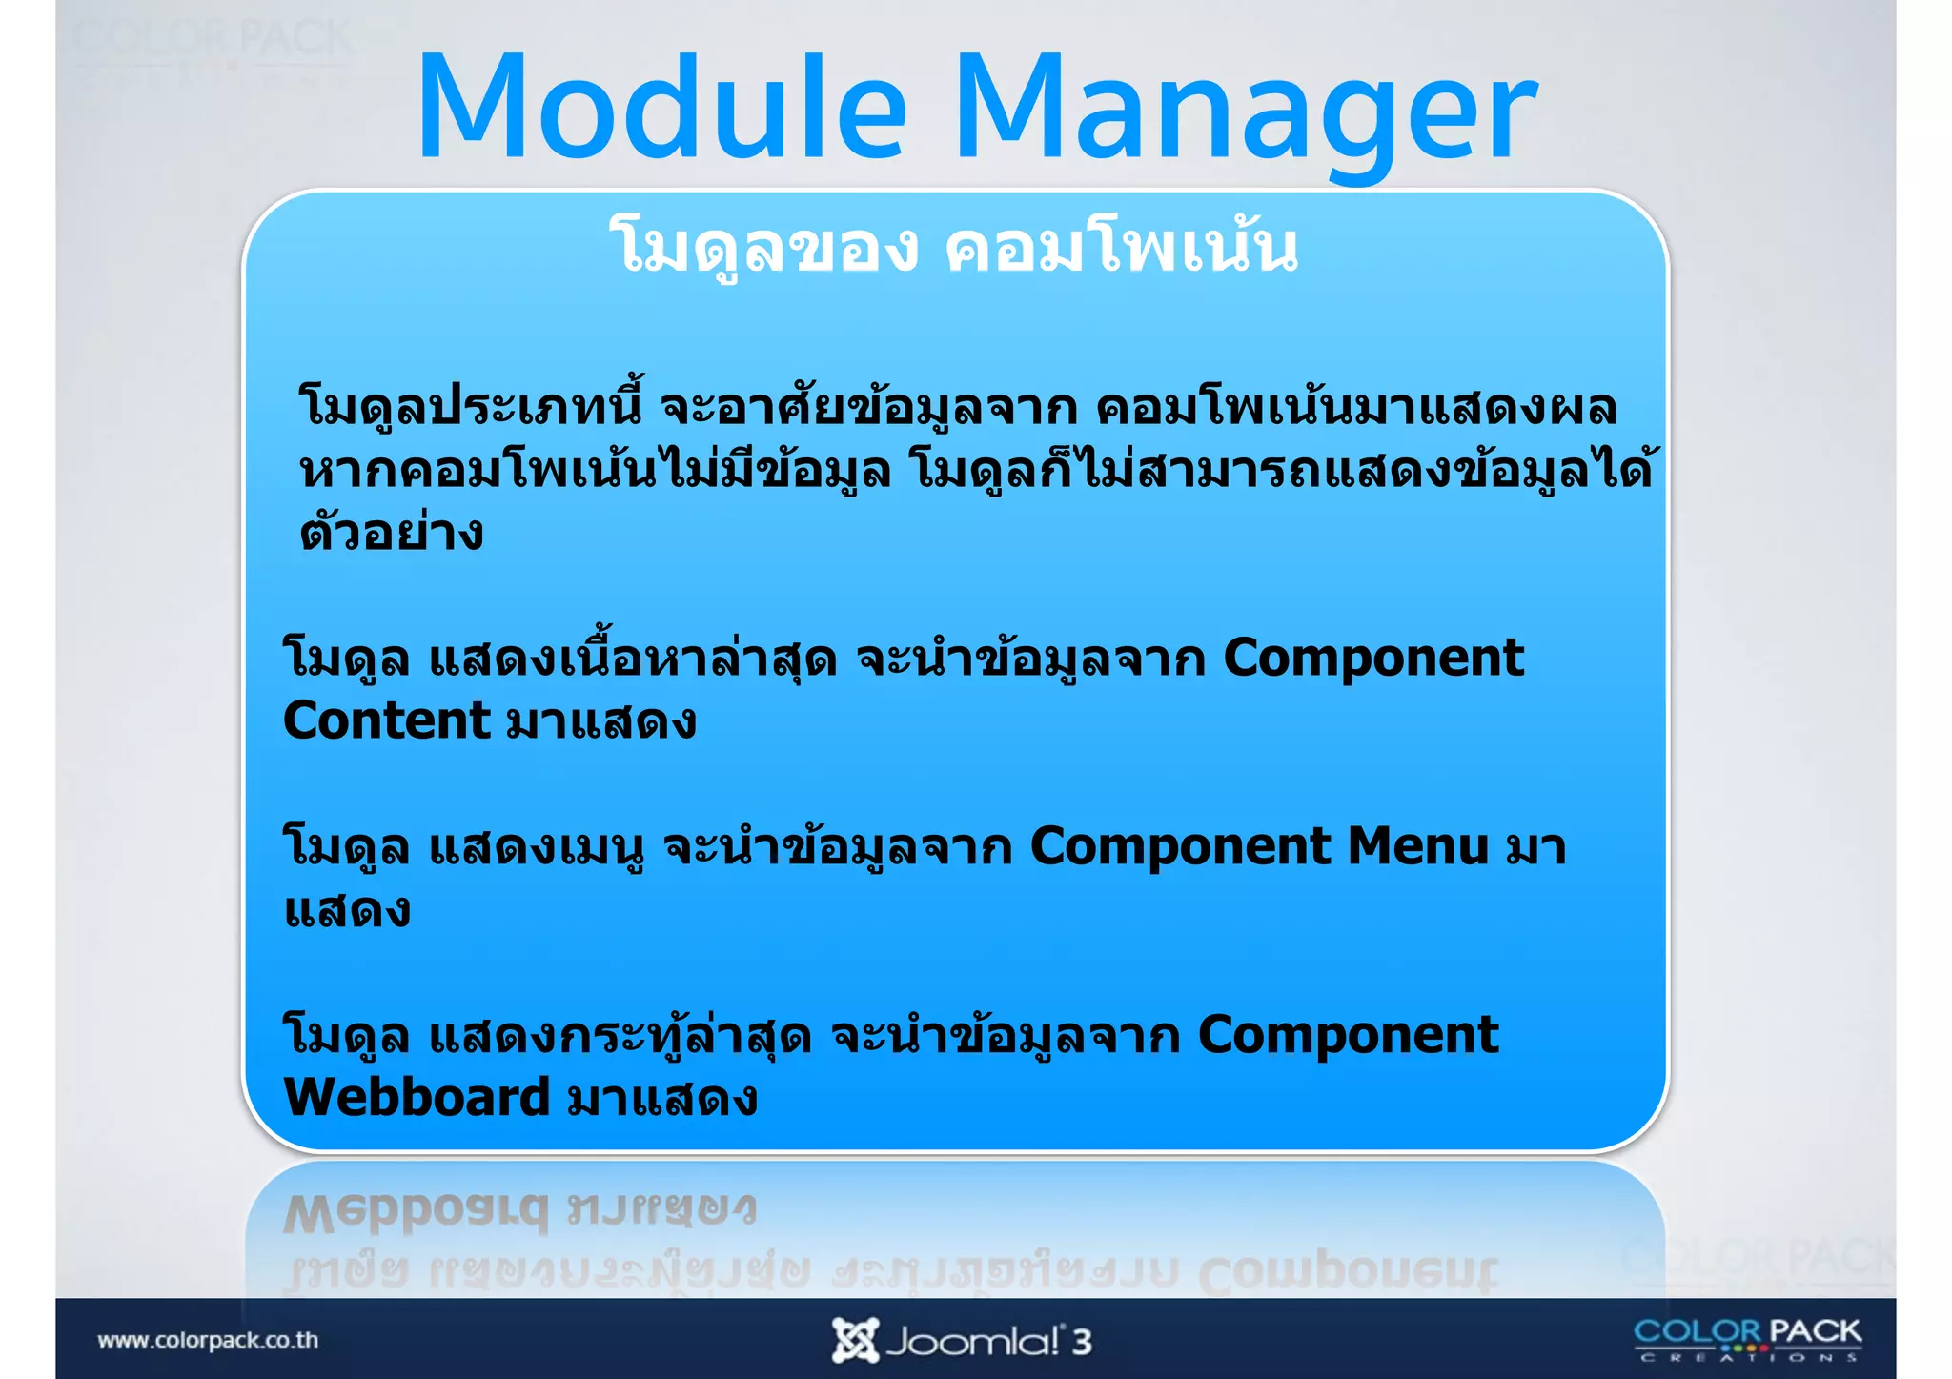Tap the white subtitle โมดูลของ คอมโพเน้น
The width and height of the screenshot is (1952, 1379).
point(954,247)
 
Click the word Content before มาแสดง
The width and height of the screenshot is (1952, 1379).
point(386,720)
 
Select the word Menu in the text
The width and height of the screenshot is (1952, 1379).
point(1417,846)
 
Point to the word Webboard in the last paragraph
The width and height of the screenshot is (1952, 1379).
point(417,1098)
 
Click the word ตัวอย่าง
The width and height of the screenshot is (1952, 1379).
point(392,533)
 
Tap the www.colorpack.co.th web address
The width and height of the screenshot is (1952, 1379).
point(208,1340)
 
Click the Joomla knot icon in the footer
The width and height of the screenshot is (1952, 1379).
point(854,1340)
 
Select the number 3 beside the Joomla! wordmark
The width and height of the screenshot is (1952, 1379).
point(1081,1342)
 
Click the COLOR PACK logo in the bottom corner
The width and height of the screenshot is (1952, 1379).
point(1747,1339)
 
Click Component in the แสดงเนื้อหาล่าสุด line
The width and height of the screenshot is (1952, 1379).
point(1372,659)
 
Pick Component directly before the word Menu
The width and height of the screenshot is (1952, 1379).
point(1180,846)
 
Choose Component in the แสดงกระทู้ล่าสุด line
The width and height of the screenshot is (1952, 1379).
point(1347,1035)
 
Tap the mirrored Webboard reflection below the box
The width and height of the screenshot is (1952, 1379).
point(417,1212)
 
